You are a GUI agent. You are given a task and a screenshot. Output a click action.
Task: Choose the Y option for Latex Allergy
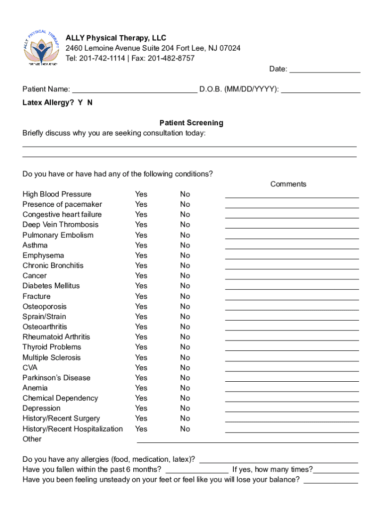(x=80, y=102)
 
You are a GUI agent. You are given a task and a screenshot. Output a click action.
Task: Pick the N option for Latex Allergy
(x=90, y=102)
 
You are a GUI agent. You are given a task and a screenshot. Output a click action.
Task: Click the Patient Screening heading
(x=191, y=123)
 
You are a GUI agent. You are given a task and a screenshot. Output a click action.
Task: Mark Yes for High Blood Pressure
(x=141, y=194)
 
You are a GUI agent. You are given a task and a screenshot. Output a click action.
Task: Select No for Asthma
(x=185, y=245)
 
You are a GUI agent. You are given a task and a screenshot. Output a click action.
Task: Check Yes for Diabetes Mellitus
(x=141, y=286)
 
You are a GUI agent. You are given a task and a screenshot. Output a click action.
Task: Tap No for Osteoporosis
(x=185, y=307)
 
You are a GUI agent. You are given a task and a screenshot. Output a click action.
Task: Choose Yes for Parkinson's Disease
(x=141, y=378)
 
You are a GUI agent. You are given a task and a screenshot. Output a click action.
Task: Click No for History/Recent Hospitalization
(x=185, y=429)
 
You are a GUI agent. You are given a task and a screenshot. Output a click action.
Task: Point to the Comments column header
(x=288, y=184)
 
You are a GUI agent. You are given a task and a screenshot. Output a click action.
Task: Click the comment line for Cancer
(x=292, y=279)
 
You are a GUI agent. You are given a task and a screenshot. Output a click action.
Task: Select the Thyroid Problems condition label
(x=52, y=347)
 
